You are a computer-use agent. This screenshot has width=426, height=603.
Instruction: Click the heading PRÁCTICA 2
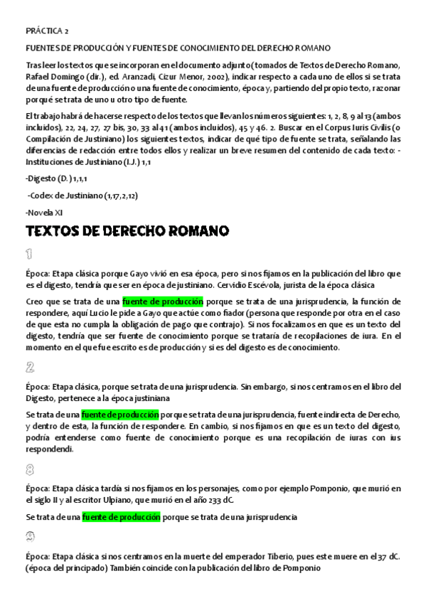[x=47, y=32]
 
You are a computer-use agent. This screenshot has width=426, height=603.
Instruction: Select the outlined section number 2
[x=30, y=367]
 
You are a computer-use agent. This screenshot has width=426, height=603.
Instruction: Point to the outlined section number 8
[x=30, y=469]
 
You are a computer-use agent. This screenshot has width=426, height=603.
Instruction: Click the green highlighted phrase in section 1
[x=163, y=301]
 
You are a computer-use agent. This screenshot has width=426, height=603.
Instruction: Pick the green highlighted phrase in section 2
[x=120, y=415]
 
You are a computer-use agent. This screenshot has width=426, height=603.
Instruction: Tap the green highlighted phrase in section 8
[x=121, y=517]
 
